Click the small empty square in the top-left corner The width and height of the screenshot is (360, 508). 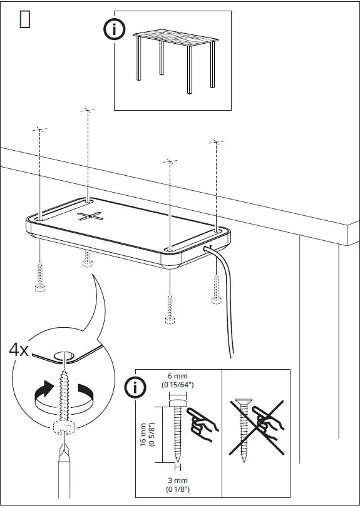[x=25, y=20]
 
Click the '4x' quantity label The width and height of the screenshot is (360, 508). [x=19, y=350]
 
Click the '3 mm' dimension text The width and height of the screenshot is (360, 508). [x=177, y=480]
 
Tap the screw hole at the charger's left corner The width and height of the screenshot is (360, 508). [x=39, y=219]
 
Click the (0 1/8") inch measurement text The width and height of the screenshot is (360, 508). [x=177, y=489]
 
